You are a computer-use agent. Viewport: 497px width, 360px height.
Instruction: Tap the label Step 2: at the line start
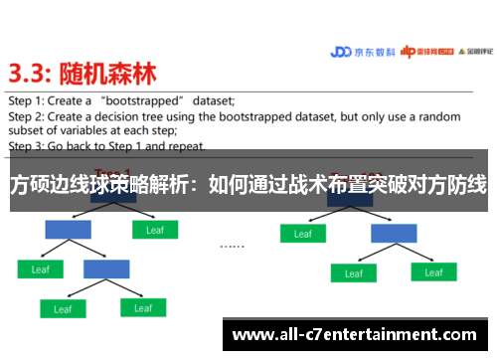pyautogui.click(x=27, y=115)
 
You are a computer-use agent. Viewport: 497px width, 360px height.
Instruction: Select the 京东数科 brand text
pyautogui.click(x=376, y=54)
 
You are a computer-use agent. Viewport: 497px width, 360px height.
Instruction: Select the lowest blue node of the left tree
pyautogui.click(x=106, y=269)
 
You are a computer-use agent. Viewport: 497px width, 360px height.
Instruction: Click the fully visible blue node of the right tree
pyautogui.click(x=394, y=233)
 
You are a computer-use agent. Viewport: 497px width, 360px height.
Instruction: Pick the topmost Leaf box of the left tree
pyautogui.click(x=154, y=230)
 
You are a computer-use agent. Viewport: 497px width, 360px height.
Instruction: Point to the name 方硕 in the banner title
pyautogui.click(x=29, y=186)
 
